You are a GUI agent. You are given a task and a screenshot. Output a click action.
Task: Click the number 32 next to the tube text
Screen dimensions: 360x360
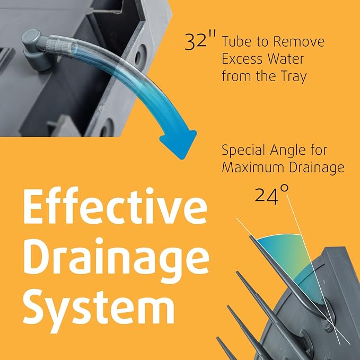click(196, 41)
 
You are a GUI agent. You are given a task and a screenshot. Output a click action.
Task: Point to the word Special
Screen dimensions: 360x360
click(243, 151)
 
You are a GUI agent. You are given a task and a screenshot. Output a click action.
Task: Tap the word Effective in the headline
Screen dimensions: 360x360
click(115, 206)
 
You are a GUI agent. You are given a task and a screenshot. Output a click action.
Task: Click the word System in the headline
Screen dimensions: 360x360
click(99, 308)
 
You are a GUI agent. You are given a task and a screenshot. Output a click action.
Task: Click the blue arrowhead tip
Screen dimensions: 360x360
click(182, 159)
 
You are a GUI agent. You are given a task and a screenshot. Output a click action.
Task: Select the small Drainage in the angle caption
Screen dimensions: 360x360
click(317, 168)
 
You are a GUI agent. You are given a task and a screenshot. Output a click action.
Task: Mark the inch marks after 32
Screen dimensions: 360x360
click(213, 35)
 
